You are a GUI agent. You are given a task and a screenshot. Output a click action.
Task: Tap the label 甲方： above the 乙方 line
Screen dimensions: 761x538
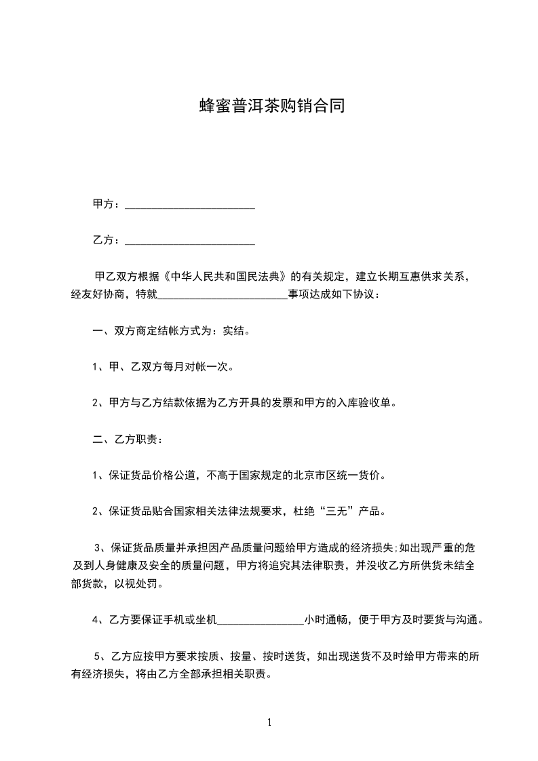(x=107, y=204)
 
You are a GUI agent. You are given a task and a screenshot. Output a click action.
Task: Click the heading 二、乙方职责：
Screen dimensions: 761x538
(x=127, y=439)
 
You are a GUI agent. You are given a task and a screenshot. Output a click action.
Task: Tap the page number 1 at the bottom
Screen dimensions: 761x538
(x=269, y=722)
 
